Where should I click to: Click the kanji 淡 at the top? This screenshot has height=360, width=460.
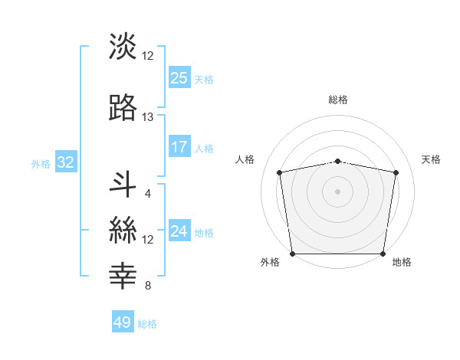pos(123,46)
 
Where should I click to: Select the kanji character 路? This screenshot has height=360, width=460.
pos(123,108)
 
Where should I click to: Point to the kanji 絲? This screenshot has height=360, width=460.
pos(123,230)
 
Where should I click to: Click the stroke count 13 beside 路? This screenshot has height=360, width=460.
pos(148,117)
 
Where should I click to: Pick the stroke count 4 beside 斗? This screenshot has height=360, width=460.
pos(148,193)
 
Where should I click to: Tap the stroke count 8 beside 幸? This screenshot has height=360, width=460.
pos(148,286)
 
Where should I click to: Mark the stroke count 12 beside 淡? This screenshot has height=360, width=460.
pos(148,55)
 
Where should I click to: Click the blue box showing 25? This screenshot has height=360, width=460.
pos(179,77)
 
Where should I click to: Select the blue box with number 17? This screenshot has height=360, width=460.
pos(179,147)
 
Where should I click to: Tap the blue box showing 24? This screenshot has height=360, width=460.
pos(179,231)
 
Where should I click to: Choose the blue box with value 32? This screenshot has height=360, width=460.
pos(65,162)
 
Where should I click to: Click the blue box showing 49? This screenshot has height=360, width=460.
pos(123,322)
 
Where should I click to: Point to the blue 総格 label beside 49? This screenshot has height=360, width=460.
pos(148,324)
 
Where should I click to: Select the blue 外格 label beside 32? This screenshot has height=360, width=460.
pos(41,163)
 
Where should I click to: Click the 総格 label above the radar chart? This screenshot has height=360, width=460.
pos(338,100)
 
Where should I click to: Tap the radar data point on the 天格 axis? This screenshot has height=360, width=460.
pos(396,172)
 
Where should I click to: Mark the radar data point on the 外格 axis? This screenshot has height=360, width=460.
pos(292,254)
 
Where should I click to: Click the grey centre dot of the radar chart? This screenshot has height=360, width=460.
pos(338,191)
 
